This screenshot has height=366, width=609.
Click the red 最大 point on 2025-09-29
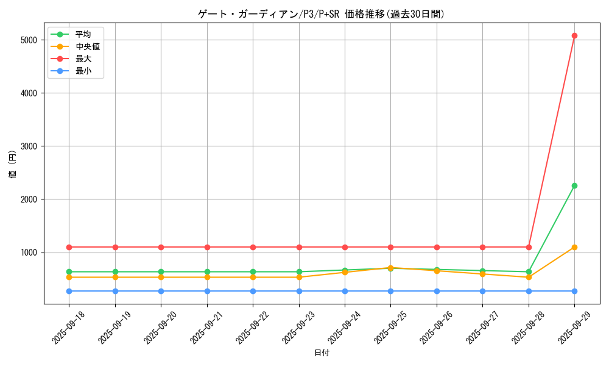click(574, 35)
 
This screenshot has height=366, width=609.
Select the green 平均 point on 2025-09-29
click(574, 185)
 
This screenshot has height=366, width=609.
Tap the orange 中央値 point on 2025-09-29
click(574, 247)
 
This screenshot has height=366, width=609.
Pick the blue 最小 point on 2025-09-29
click(574, 291)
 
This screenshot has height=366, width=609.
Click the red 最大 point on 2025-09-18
click(69, 247)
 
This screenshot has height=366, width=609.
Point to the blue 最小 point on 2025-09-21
click(207, 291)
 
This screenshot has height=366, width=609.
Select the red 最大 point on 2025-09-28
click(529, 247)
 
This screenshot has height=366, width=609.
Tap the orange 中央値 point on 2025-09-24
click(345, 272)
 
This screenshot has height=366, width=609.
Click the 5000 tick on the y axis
click(29, 40)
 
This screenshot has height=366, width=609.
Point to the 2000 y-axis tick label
click(29, 199)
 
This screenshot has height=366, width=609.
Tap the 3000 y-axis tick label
click(29, 146)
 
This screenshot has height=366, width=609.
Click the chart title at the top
click(322, 14)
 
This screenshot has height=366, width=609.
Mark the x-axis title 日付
click(322, 353)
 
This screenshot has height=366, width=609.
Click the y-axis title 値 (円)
click(12, 164)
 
